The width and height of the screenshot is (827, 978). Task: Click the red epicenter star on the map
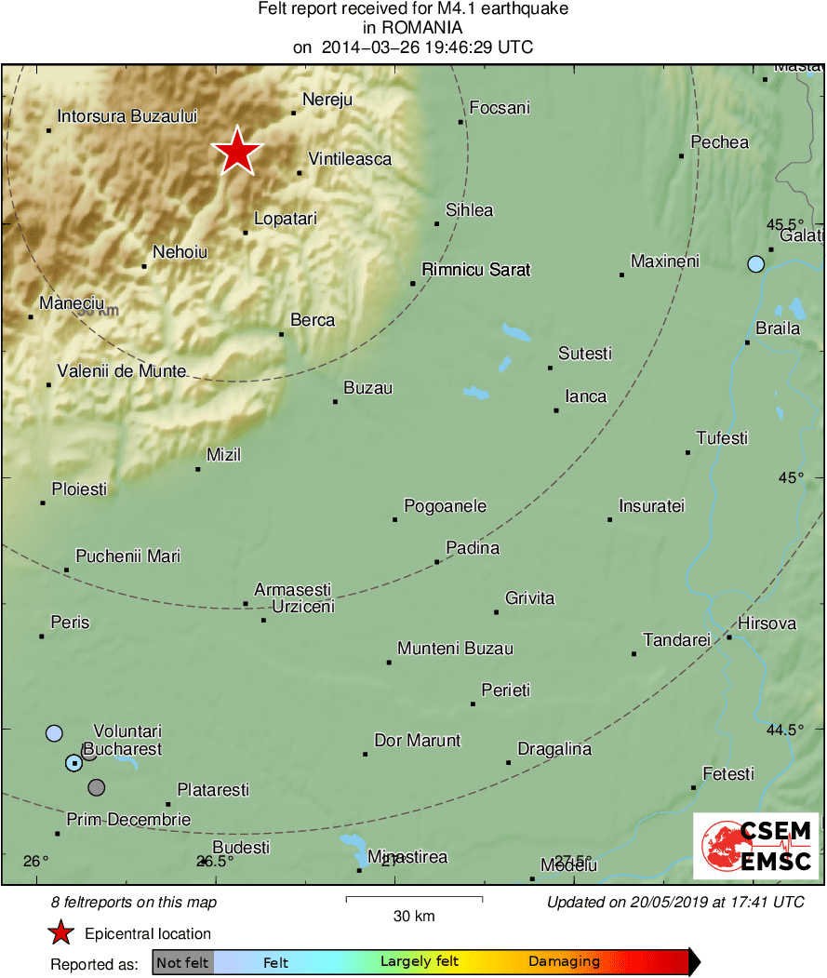(238, 151)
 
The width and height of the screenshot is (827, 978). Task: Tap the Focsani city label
(500, 108)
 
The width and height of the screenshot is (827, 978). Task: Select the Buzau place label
(368, 388)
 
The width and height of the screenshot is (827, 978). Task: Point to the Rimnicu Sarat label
(475, 270)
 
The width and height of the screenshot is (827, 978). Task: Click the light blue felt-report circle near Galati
(755, 264)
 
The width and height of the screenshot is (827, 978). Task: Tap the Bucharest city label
(123, 749)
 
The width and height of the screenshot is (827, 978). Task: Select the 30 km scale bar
(414, 899)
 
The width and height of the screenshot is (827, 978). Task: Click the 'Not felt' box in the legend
(182, 962)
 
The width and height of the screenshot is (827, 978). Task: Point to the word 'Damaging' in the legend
(565, 962)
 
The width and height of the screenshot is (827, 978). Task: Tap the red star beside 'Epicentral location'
(61, 933)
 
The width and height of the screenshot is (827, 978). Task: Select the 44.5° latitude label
(785, 730)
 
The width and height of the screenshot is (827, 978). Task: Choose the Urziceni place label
(302, 607)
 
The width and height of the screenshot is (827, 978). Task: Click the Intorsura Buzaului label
(127, 117)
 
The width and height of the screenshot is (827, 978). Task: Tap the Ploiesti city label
(79, 489)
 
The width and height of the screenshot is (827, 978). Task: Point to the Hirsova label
(767, 623)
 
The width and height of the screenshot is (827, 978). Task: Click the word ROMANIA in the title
(413, 28)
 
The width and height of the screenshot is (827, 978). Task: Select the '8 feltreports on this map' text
(134, 903)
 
